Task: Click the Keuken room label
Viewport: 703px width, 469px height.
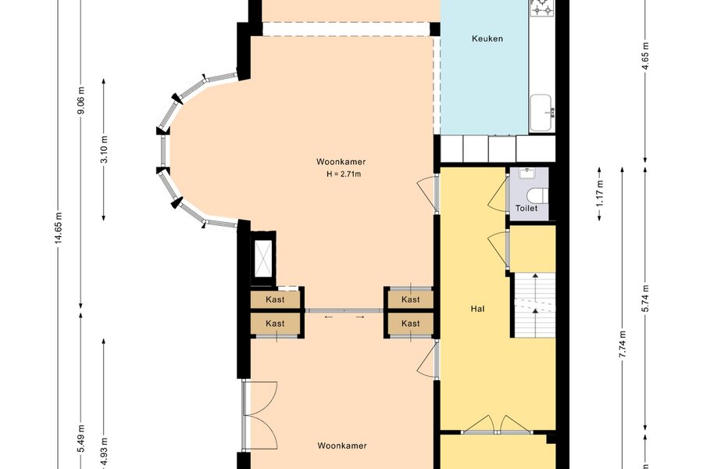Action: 487,38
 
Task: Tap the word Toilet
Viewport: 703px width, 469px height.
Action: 526,208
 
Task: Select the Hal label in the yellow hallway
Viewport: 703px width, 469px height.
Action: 477,309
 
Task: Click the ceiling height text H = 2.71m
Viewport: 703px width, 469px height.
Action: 344,174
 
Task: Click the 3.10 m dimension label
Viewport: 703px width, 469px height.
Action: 104,149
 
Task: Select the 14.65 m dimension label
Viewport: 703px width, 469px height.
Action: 59,228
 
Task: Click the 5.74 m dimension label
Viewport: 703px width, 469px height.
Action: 645,299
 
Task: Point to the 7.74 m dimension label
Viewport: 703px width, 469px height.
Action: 623,344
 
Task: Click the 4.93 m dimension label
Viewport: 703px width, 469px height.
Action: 104,451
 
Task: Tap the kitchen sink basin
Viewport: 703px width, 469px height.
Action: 541,113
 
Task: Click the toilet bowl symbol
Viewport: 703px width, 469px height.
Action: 537,195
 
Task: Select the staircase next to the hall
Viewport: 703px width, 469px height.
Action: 534,305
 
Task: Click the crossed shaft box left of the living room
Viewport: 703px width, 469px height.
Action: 263,258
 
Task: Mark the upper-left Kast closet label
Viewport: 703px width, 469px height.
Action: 275,299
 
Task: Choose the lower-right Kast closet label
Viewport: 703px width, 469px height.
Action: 411,323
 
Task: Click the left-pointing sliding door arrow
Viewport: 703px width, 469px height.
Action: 329,317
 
